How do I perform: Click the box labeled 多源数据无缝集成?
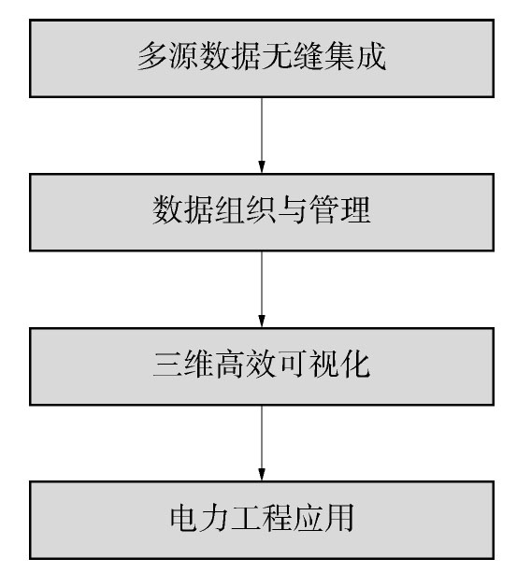click(262, 59)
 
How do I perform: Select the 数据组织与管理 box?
click(262, 212)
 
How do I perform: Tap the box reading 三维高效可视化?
click(262, 366)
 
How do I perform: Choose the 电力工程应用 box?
click(262, 520)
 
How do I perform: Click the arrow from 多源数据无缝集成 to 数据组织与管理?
click(262, 136)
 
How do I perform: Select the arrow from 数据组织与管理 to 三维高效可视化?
click(262, 290)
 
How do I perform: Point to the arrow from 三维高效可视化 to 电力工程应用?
click(262, 443)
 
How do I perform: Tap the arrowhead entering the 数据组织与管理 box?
click(262, 167)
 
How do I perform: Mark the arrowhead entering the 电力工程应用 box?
click(262, 475)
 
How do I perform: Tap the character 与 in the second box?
click(293, 209)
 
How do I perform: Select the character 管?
click(324, 209)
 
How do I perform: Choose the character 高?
click(230, 364)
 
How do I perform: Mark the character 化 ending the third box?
click(355, 364)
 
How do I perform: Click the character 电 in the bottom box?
click(184, 518)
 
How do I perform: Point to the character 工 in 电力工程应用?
click(246, 518)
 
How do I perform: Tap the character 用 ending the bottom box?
click(339, 518)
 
